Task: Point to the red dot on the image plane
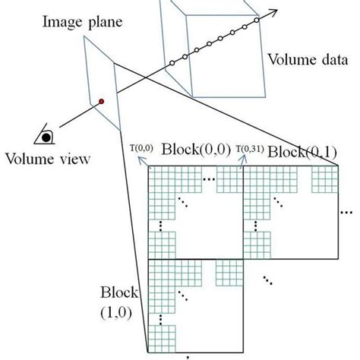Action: point(99,101)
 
